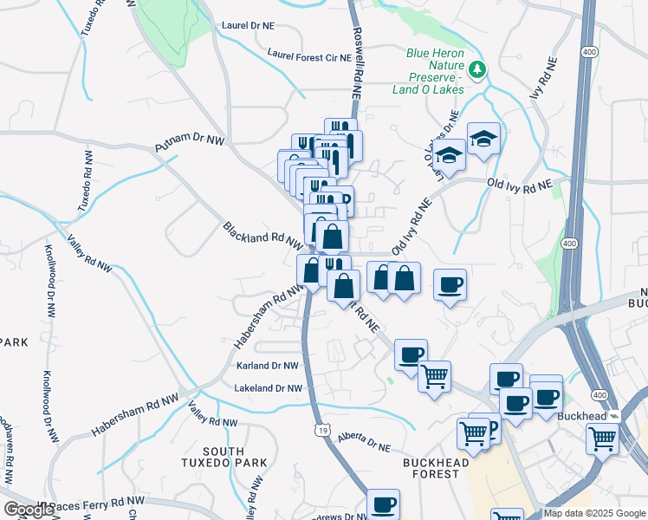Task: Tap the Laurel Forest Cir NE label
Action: click(x=309, y=55)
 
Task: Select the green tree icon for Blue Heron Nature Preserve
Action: click(x=476, y=68)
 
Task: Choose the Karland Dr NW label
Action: click(x=268, y=367)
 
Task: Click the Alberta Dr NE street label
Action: click(x=364, y=443)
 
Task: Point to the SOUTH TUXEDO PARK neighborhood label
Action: click(x=235, y=457)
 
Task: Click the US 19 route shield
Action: click(x=322, y=431)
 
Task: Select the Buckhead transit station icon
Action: click(x=613, y=416)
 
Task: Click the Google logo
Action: click(x=29, y=510)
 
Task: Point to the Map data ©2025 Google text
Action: click(x=594, y=513)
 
